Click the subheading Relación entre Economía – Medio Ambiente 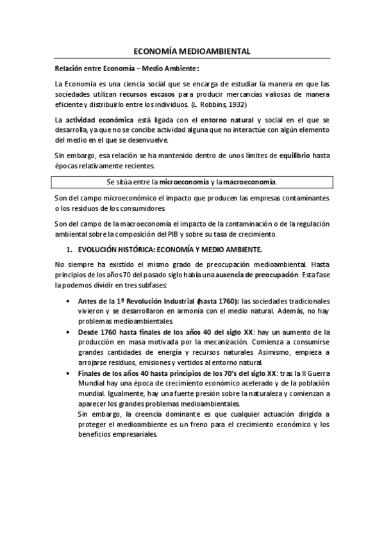127,68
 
